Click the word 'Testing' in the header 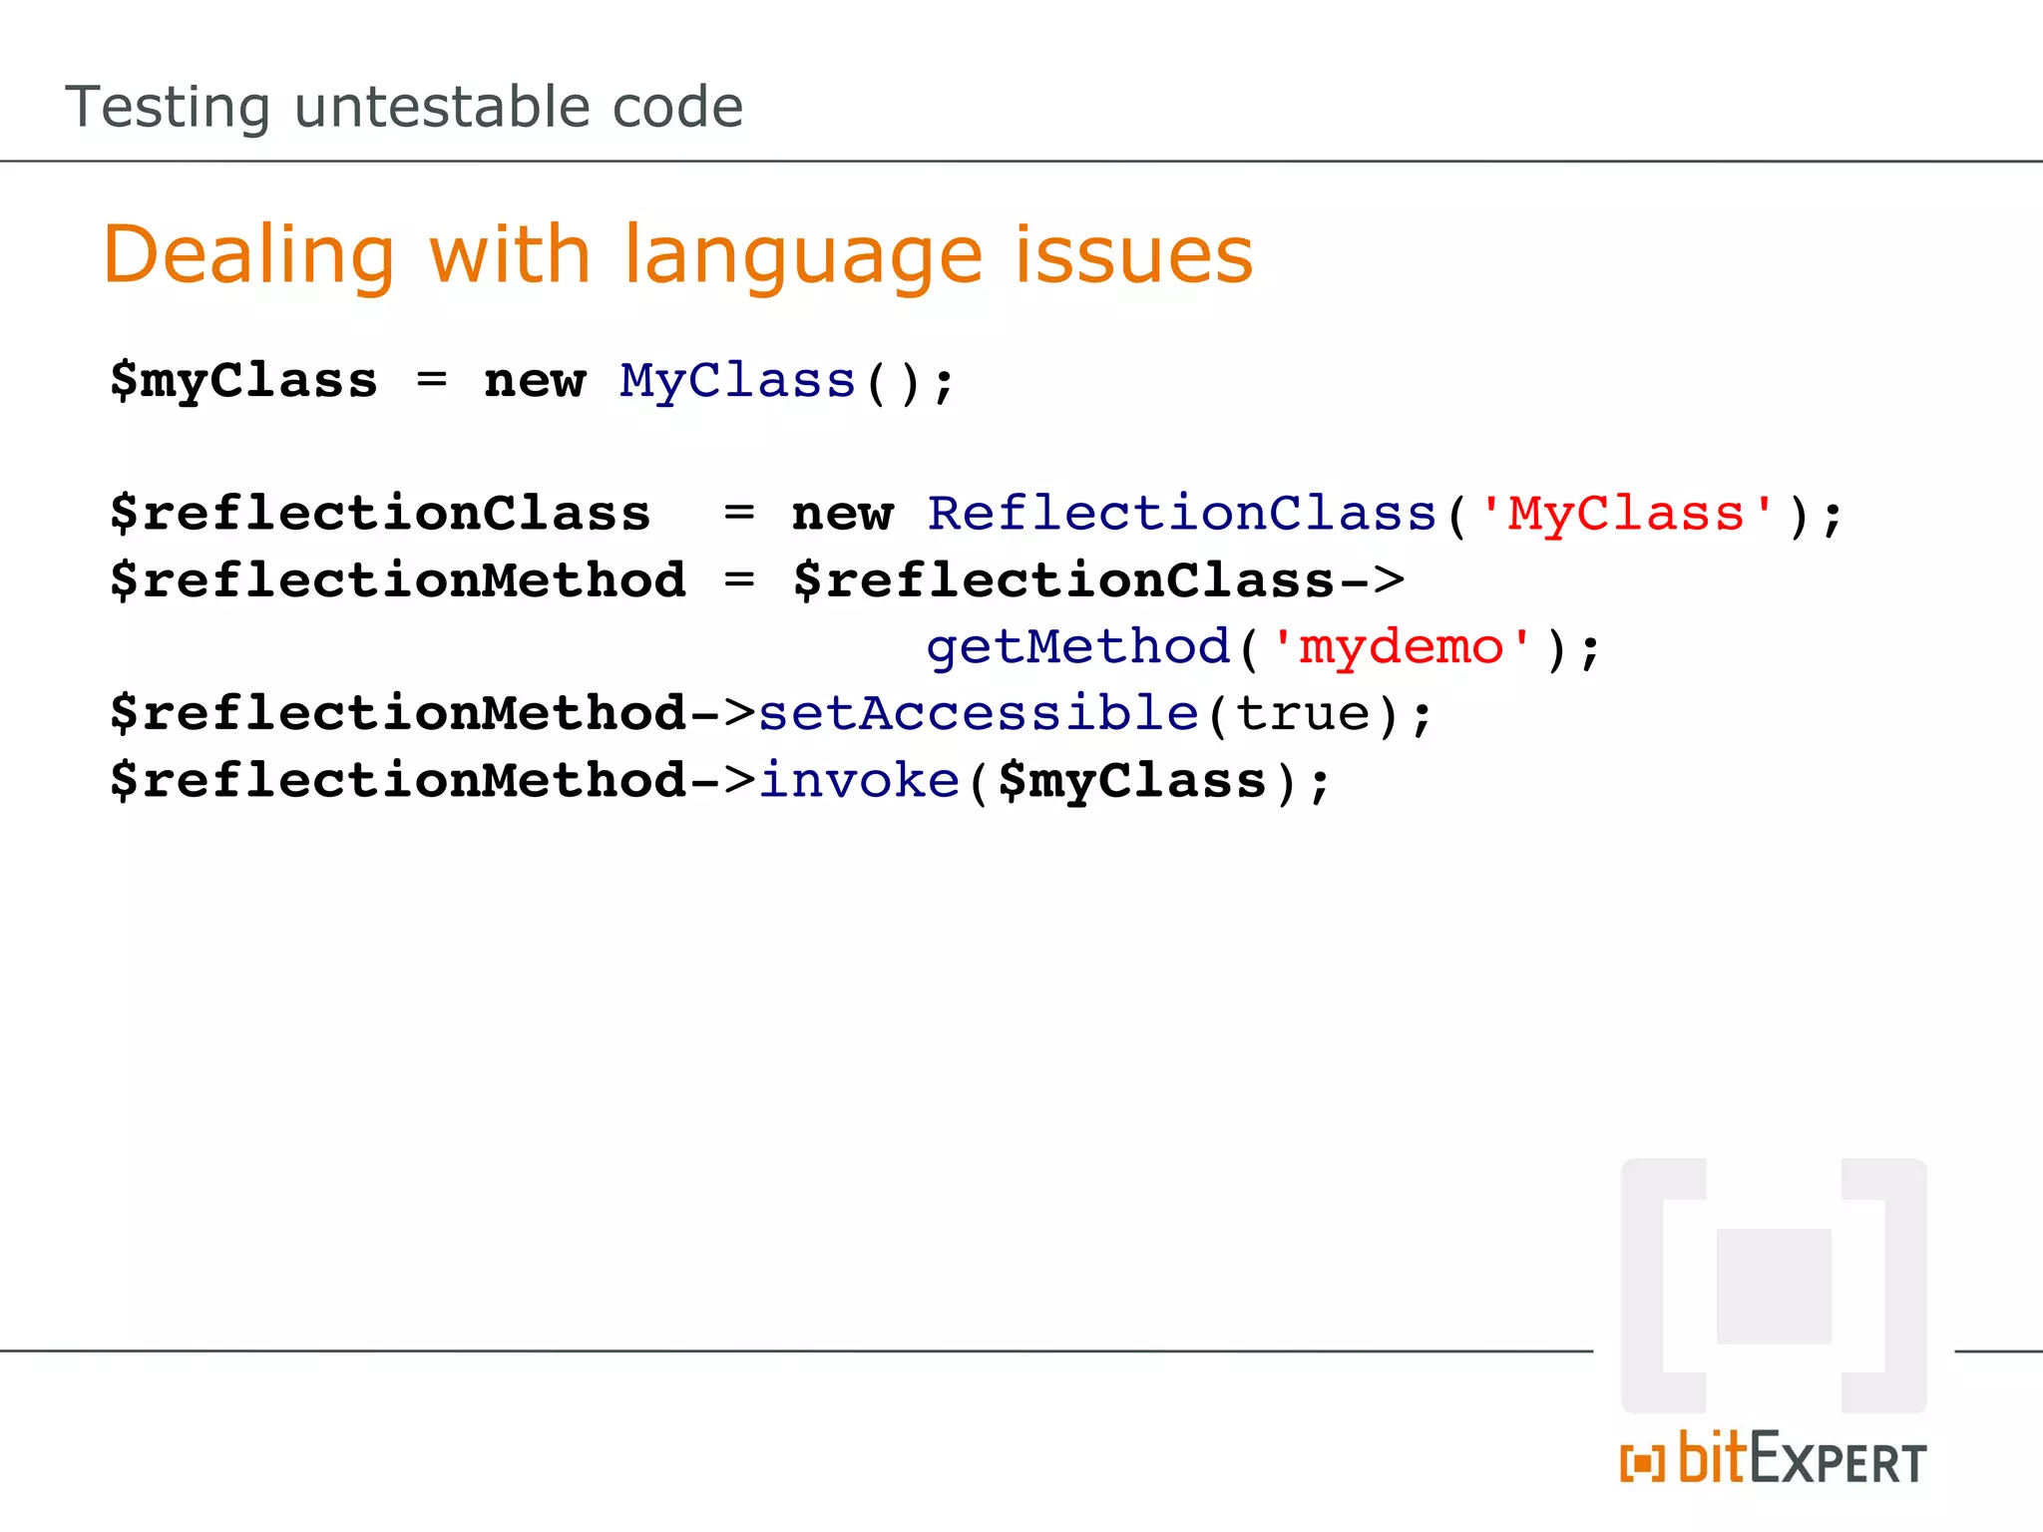[x=168, y=108]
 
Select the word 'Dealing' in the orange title [x=249, y=255]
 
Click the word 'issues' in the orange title [x=1133, y=255]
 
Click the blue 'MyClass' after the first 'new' [x=737, y=381]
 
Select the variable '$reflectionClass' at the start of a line [x=380, y=514]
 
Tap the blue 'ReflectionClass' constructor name [x=1181, y=514]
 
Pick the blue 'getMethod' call [x=1077, y=646]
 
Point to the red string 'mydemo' [x=1401, y=646]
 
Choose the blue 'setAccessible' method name [x=978, y=713]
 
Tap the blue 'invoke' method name [x=859, y=780]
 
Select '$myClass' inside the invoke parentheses [x=1131, y=780]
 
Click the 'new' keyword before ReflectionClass [x=842, y=514]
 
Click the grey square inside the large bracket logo [x=1774, y=1286]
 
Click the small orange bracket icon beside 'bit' [x=1642, y=1463]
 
